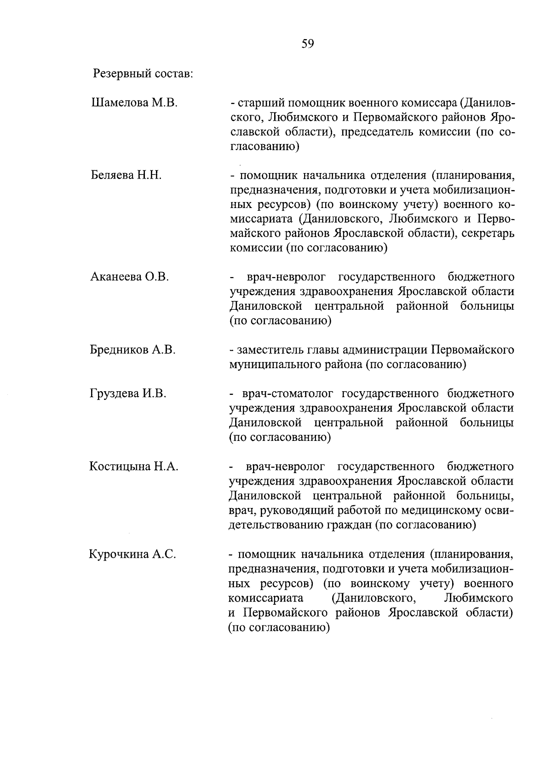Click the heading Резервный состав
143,73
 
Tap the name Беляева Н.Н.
126,175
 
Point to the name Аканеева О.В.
130,277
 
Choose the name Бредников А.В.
133,350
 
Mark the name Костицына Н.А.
134,467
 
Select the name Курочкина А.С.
133,554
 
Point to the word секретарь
489,233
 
